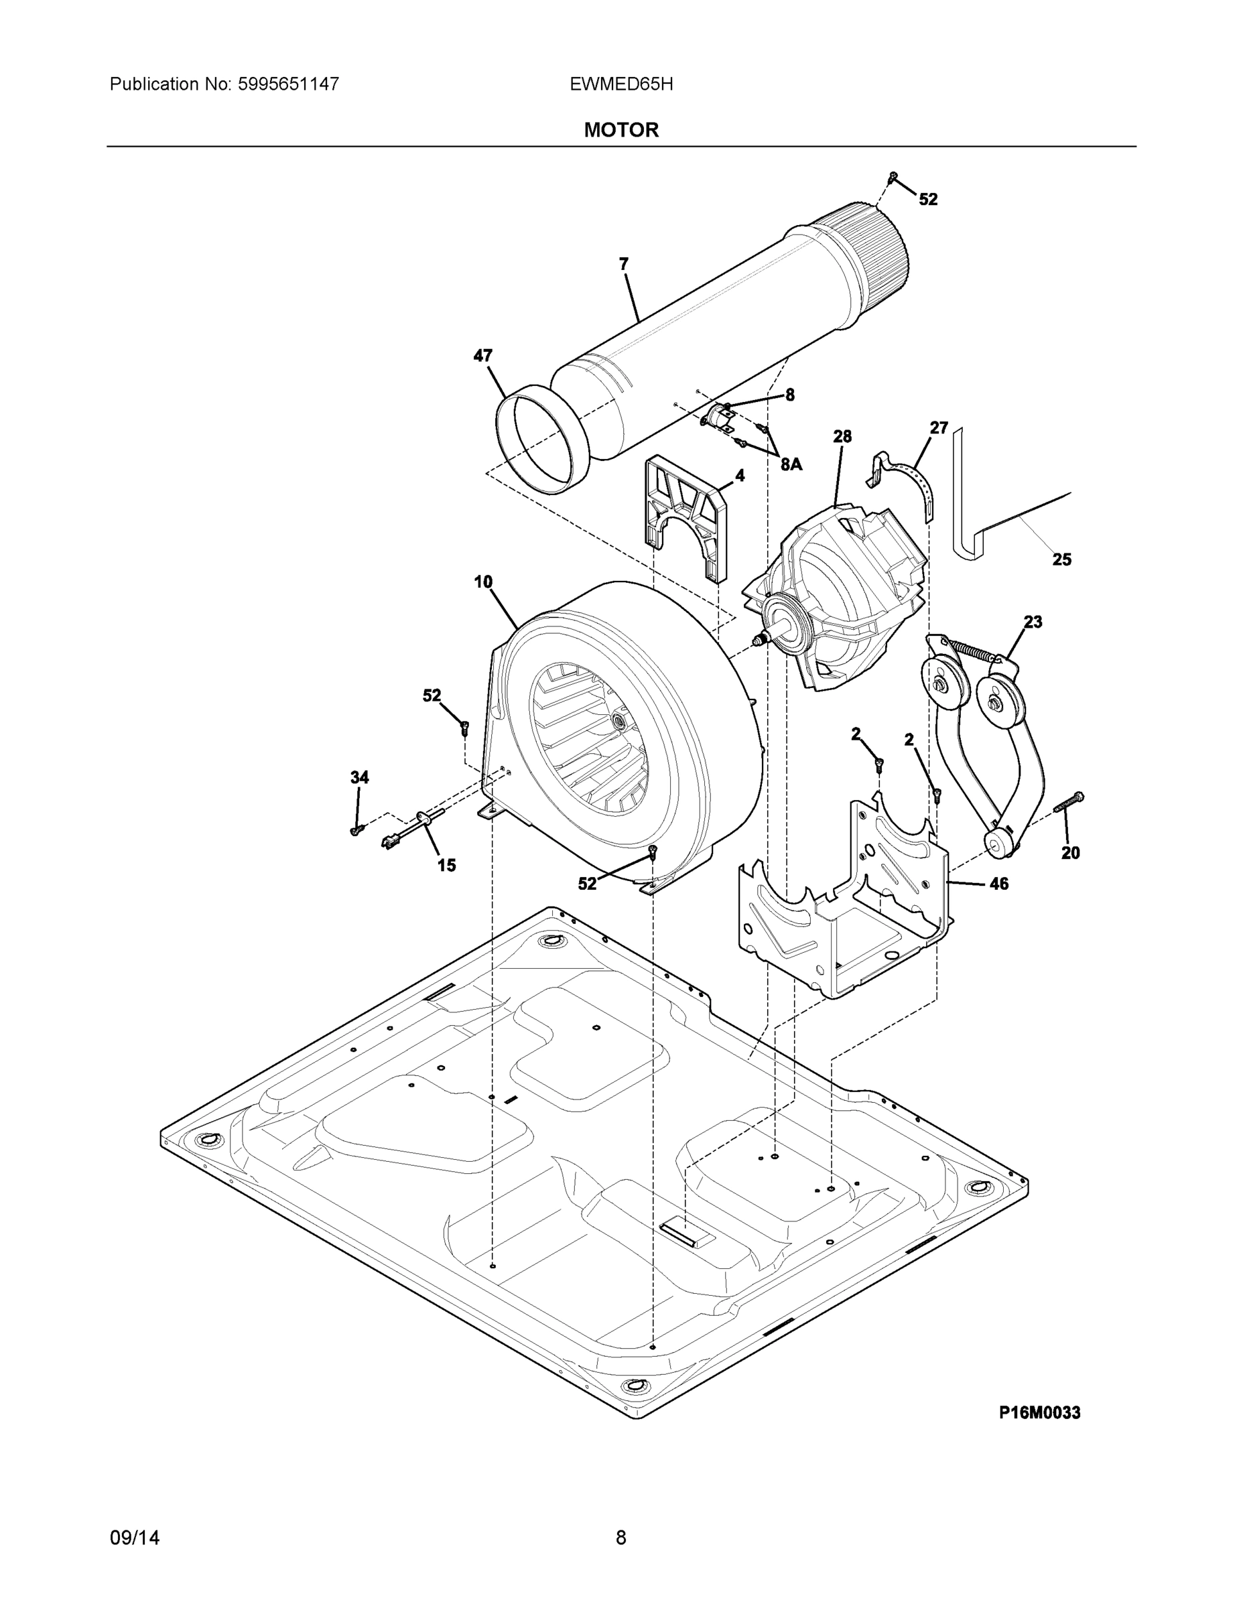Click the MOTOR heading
pyautogui.click(x=620, y=131)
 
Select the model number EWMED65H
pyautogui.click(x=620, y=84)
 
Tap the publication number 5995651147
pyautogui.click(x=289, y=84)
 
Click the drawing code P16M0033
pyautogui.click(x=1039, y=1412)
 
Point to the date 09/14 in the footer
pyautogui.click(x=135, y=1538)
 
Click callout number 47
pyautogui.click(x=482, y=356)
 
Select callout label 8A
pyautogui.click(x=791, y=464)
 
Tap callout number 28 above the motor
pyautogui.click(x=842, y=437)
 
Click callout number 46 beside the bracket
pyautogui.click(x=998, y=884)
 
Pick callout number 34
pyautogui.click(x=359, y=777)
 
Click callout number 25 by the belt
pyautogui.click(x=1061, y=559)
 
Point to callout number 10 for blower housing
pyautogui.click(x=482, y=582)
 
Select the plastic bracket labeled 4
pyautogui.click(x=685, y=515)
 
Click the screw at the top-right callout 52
pyautogui.click(x=893, y=177)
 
